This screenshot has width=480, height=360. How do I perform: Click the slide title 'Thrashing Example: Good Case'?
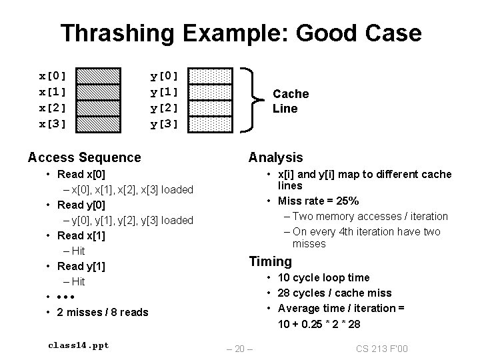[x=240, y=33]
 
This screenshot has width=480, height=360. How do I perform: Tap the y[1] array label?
[x=165, y=91]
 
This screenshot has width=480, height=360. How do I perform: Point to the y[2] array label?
[x=165, y=107]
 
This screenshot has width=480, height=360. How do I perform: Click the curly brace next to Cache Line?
[x=253, y=99]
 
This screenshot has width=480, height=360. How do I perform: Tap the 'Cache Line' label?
[x=291, y=101]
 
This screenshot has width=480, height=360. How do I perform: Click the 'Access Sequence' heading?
[x=85, y=157]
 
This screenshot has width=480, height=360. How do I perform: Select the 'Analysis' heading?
[x=275, y=157]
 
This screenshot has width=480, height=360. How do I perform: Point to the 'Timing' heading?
[x=270, y=261]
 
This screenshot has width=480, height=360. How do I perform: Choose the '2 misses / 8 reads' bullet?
[x=103, y=312]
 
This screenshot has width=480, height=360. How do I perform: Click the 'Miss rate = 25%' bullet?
[x=319, y=201]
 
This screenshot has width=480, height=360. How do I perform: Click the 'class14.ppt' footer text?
[x=79, y=345]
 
